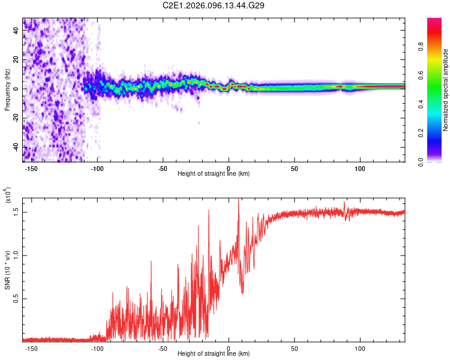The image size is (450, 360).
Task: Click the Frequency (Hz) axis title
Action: tap(7, 90)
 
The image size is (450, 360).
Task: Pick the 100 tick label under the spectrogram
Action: tap(360, 169)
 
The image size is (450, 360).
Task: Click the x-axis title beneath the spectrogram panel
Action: tap(214, 174)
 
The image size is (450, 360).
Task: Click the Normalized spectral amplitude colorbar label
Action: tap(445, 90)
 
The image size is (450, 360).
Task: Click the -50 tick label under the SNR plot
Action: tap(163, 349)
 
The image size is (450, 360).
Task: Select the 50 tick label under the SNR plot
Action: tap(294, 349)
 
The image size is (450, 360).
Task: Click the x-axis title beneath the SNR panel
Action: tap(214, 354)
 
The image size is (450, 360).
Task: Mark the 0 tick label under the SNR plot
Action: tap(229, 349)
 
